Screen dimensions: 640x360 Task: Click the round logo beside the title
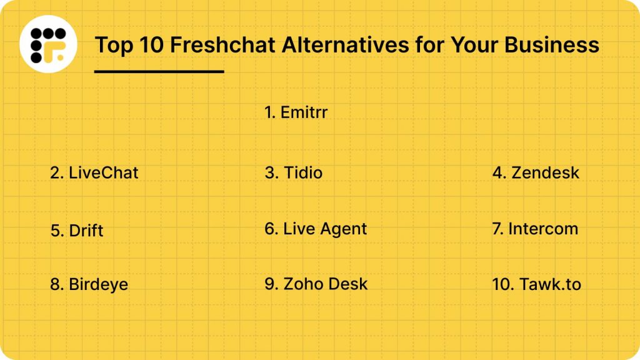48,44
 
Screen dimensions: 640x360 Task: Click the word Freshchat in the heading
222,44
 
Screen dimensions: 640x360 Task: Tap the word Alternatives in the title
345,44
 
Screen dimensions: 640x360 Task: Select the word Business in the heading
552,44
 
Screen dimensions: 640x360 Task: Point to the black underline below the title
159,71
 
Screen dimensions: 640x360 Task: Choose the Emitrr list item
296,112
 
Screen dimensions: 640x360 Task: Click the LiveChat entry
94,172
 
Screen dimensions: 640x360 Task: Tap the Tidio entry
294,172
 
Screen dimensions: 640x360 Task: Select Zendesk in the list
536,172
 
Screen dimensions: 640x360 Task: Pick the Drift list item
77,231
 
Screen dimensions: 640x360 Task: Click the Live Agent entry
316,229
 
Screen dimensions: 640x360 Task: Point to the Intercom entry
535,229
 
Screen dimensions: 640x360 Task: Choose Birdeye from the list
89,284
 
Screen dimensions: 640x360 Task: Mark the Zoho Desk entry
316,284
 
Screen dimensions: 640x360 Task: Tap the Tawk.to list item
537,284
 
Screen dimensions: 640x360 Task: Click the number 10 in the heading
151,44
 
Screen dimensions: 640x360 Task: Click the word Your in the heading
474,44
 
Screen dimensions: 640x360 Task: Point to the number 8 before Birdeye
55,284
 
